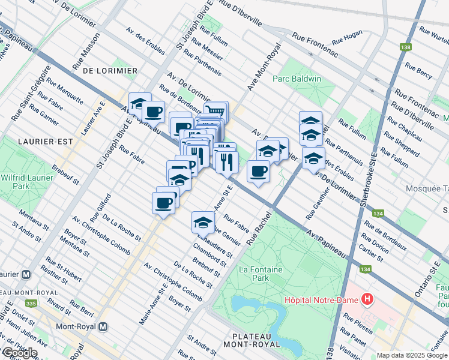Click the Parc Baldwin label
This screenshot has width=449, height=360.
coord(297,79)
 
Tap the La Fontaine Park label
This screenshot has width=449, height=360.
coord(261,274)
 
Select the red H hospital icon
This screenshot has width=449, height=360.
coord(367,299)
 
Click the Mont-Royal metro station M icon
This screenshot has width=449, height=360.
coord(103,327)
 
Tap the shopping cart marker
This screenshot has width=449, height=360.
coord(216,110)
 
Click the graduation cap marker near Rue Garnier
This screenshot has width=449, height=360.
coord(203,222)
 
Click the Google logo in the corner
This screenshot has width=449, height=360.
coord(19,353)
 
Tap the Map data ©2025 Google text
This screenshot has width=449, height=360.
coord(411,355)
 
